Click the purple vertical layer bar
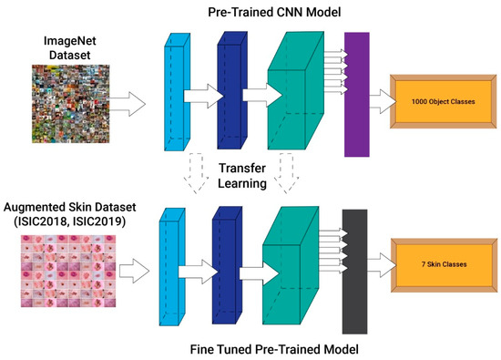(x=356, y=93)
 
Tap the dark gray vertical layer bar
(x=354, y=270)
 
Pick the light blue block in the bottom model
(x=172, y=267)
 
